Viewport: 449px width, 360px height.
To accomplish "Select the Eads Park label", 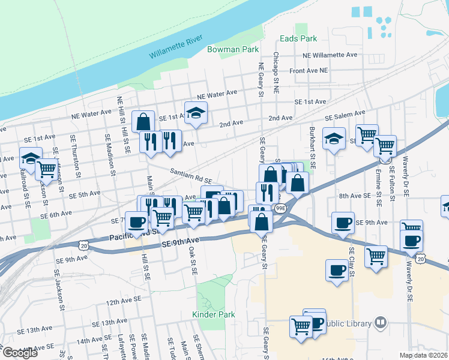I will click(x=298, y=38).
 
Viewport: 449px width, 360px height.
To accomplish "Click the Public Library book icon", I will click(x=380, y=323).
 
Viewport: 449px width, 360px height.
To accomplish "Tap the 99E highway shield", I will click(x=280, y=208).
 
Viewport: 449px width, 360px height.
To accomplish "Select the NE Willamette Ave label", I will click(x=330, y=55).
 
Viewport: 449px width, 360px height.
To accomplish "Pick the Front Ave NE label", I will click(x=309, y=70).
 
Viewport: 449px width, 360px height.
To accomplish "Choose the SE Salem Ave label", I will click(x=345, y=115).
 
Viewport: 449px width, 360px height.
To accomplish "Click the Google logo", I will click(x=20, y=352).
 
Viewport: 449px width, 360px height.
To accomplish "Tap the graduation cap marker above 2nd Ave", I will click(x=196, y=112).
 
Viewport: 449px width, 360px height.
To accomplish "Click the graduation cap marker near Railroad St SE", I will click(x=31, y=158).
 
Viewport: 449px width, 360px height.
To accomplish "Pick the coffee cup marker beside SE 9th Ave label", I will click(x=343, y=223).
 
